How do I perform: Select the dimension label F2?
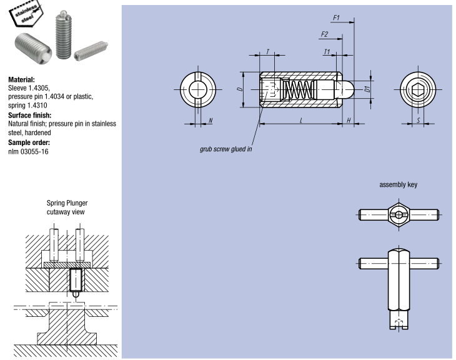tap(324, 34)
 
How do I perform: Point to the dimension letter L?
tap(300, 119)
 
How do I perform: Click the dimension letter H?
tap(349, 119)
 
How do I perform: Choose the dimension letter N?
tap(211, 119)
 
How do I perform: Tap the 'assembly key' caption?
tap(399, 185)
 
